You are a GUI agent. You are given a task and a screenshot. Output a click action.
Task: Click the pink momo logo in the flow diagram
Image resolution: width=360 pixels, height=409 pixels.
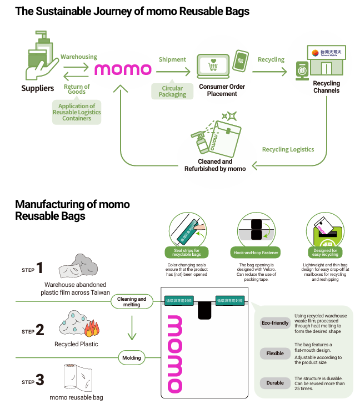click(x=123, y=69)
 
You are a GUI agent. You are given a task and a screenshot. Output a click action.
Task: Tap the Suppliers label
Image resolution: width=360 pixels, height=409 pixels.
click(x=37, y=88)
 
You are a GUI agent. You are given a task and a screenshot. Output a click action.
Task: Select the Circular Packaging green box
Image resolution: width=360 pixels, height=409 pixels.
click(x=172, y=92)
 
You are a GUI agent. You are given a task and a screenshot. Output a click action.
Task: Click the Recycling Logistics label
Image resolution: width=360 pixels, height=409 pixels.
click(x=288, y=149)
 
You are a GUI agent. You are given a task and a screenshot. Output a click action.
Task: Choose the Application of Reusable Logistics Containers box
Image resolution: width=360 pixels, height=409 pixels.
click(x=77, y=112)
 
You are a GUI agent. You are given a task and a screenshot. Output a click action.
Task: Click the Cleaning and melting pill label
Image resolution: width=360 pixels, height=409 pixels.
click(x=132, y=301)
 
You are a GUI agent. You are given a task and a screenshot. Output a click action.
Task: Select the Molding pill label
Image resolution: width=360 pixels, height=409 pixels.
click(x=132, y=358)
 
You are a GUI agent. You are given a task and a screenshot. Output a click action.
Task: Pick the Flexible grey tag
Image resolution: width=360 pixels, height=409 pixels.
click(x=275, y=354)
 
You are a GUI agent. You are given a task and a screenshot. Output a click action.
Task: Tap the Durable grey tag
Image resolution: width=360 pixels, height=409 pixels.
click(x=275, y=383)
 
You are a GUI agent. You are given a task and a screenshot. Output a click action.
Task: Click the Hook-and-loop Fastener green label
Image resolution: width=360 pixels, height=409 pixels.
click(x=256, y=253)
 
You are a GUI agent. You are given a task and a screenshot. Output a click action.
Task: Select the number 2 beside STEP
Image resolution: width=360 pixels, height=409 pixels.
click(x=39, y=330)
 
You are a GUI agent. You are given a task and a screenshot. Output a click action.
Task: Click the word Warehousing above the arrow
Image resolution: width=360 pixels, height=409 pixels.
click(x=78, y=57)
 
